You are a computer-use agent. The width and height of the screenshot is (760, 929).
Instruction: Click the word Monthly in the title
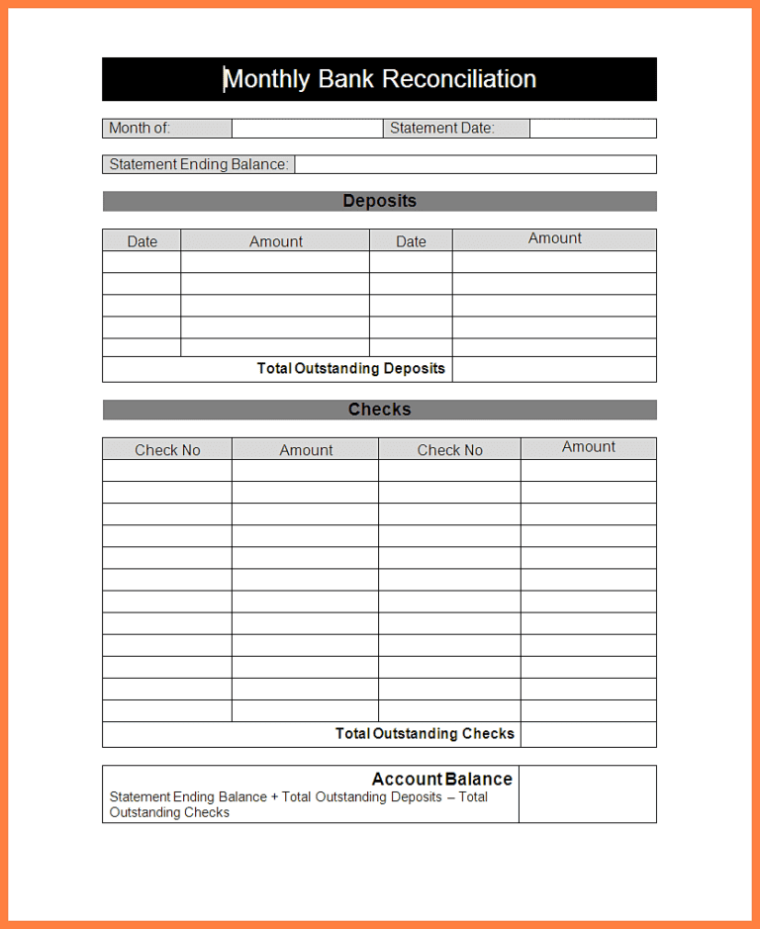(x=266, y=79)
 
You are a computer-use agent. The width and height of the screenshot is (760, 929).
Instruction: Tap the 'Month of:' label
(x=140, y=128)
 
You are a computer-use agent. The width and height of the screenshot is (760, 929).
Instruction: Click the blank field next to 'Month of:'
(x=307, y=129)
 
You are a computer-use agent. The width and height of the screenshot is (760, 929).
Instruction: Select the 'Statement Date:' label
(x=442, y=128)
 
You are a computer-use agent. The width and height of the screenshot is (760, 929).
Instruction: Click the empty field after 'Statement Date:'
(x=593, y=129)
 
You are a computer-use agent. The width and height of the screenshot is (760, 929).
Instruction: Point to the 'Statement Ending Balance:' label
(x=199, y=164)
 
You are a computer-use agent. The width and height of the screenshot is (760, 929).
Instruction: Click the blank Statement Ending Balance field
(x=475, y=164)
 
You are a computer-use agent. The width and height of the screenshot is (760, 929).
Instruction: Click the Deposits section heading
(x=379, y=201)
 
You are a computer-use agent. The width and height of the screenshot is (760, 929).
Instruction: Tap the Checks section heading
(x=379, y=410)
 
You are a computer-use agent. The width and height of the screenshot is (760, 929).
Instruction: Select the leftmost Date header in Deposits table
(x=142, y=241)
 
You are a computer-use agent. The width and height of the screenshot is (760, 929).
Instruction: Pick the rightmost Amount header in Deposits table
(x=554, y=238)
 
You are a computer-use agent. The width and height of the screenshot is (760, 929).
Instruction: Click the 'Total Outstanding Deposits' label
(x=350, y=368)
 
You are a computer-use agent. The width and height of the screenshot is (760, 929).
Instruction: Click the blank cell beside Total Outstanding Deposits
(x=554, y=369)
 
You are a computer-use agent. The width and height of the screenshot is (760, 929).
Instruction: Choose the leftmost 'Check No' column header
(x=167, y=450)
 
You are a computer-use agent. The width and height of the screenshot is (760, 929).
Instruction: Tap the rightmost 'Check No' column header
(x=449, y=450)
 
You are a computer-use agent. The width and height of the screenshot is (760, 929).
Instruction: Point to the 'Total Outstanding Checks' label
(x=425, y=733)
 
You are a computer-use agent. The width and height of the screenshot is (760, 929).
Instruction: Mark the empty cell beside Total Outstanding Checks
(x=588, y=734)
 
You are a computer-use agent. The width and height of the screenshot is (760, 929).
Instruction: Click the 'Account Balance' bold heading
(x=441, y=779)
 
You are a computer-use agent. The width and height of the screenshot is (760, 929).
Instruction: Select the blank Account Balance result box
(x=587, y=793)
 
